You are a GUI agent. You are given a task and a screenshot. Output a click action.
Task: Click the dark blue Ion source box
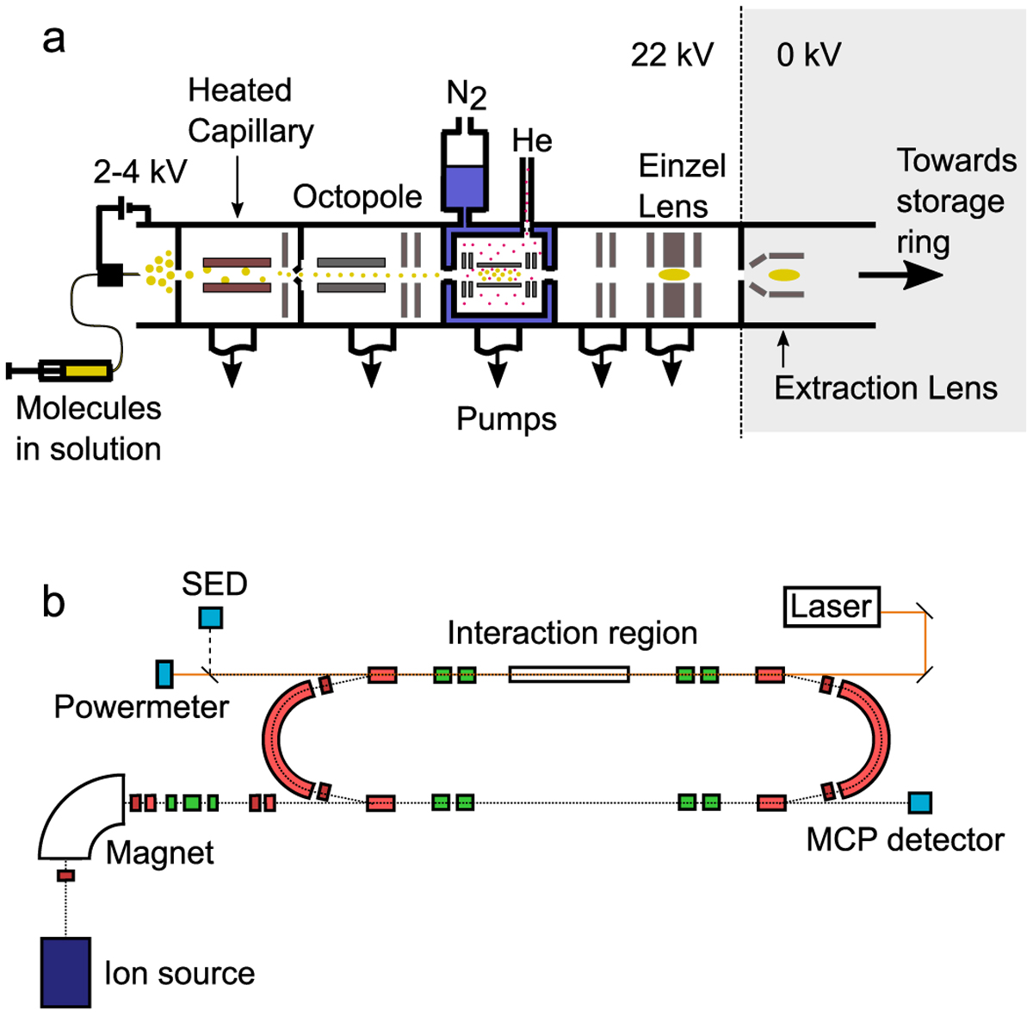pos(65,971)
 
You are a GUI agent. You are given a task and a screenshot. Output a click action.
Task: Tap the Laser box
pos(831,606)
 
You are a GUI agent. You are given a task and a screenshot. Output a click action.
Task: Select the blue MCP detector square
pos(919,802)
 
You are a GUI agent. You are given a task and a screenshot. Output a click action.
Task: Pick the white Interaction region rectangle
pos(569,673)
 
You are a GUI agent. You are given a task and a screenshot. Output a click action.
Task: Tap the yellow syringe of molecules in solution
pos(86,371)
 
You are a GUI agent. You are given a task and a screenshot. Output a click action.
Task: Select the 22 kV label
pos(671,55)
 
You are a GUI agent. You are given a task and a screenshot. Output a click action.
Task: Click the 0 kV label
pos(808,55)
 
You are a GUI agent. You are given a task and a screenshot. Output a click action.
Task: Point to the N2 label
pos(466,94)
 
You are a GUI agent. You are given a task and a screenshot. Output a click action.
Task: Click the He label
pos(532,140)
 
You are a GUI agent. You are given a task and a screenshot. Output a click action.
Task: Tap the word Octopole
pos(357,197)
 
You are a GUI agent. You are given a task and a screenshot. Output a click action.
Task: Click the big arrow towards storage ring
pos(900,276)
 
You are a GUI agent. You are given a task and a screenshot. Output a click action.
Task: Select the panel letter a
pos(53,39)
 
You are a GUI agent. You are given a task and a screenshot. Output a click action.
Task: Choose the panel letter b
pos(53,602)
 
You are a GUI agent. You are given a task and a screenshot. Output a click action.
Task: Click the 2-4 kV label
pos(140,172)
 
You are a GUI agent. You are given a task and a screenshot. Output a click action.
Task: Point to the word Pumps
pos(506,419)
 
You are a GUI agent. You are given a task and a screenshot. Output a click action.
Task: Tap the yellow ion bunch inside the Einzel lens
pos(674,275)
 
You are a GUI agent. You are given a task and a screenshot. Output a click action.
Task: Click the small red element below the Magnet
pos(66,876)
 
